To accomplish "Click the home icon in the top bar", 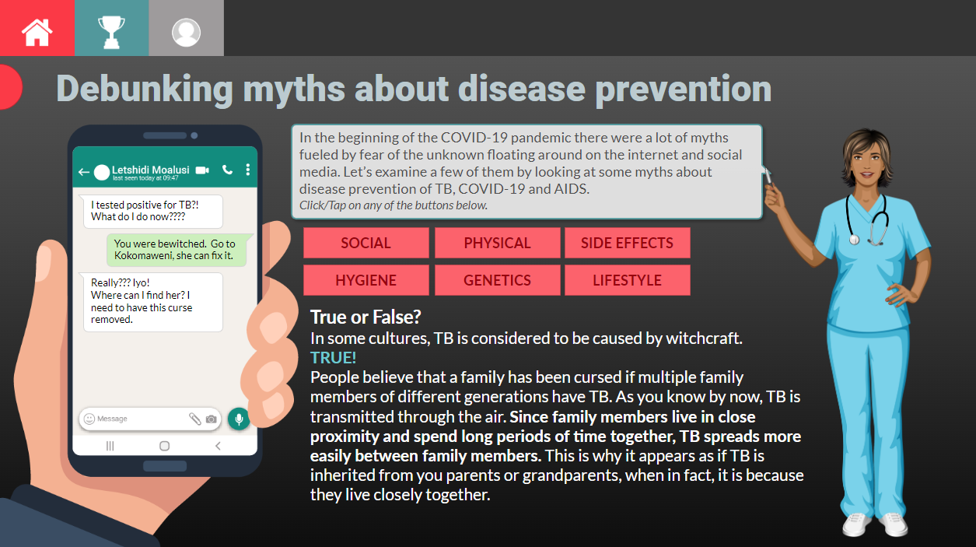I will pos(37,30).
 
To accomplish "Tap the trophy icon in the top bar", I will pos(111,30).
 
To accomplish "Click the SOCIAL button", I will pos(366,243).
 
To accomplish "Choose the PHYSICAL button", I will pos(497,243).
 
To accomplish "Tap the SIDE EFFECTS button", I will pos(627,243).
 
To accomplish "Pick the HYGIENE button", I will pos(366,280).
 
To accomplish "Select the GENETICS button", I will pos(497,280).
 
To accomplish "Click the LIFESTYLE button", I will pos(627,280).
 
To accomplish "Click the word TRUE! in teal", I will pos(333,358).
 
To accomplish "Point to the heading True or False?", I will pos(366,317).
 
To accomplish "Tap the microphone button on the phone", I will pos(239,419).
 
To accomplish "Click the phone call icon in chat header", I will pos(227,170).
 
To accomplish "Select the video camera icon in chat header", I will pos(203,170).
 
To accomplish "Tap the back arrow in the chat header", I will pos(83,171).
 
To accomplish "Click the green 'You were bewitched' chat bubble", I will pos(176,250).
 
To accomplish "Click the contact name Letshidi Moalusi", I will pos(150,169).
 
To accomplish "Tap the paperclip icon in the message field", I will pos(195,419).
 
